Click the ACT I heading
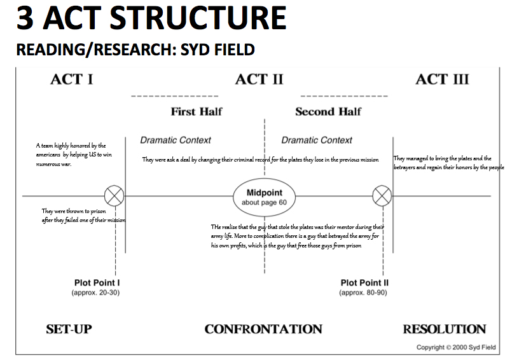click(x=72, y=80)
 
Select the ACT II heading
click(x=259, y=80)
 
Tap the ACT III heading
click(x=442, y=80)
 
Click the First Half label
click(x=197, y=111)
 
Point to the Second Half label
click(x=328, y=111)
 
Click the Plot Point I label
click(x=97, y=282)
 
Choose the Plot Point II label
click(x=364, y=282)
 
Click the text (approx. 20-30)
click(x=95, y=293)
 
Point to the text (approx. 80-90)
click(x=363, y=293)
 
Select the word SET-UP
click(x=69, y=329)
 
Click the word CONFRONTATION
click(x=263, y=329)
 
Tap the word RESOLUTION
click(x=445, y=329)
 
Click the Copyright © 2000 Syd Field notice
click(x=456, y=347)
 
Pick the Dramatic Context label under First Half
click(x=176, y=140)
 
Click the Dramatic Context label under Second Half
click(x=317, y=140)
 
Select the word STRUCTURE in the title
click(x=198, y=18)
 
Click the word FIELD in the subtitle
click(x=234, y=50)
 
